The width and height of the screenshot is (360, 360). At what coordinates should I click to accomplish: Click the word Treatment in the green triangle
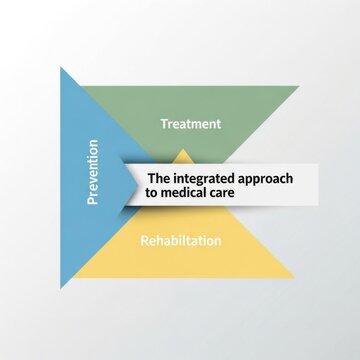[x=191, y=124]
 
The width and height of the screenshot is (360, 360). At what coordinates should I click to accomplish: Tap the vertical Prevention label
[x=93, y=172]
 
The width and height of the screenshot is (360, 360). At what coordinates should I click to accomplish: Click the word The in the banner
[x=159, y=178]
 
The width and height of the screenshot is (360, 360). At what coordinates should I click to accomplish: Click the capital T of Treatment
[x=164, y=124]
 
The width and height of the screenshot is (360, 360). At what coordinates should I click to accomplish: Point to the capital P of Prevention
[x=93, y=201]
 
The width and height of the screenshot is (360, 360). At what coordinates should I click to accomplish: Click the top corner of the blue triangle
[x=61, y=67]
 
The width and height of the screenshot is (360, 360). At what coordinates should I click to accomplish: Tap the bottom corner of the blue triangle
[x=61, y=289]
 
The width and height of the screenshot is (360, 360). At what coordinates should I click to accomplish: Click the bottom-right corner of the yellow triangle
[x=295, y=277]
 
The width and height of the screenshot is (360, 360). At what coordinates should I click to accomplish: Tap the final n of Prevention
[x=93, y=143]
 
